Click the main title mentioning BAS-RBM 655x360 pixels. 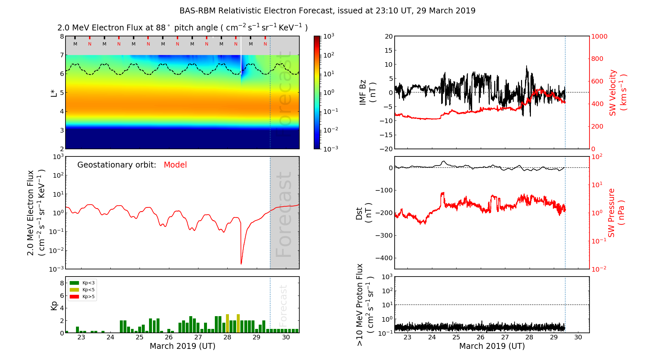coord(327,11)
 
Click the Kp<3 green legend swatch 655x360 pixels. coord(74,283)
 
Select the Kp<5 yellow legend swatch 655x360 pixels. coord(74,290)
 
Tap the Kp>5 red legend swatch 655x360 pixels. coord(74,297)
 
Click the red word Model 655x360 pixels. coord(175,165)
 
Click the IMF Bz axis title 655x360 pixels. coord(367,92)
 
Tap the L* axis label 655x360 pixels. coord(54,92)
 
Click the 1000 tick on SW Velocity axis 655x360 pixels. coord(599,36)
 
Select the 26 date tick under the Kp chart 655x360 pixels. coord(169,337)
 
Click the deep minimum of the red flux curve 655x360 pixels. coord(241,263)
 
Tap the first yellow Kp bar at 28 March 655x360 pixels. coord(227,323)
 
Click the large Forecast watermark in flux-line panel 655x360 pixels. coord(284,214)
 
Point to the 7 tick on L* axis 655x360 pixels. coord(62,55)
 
